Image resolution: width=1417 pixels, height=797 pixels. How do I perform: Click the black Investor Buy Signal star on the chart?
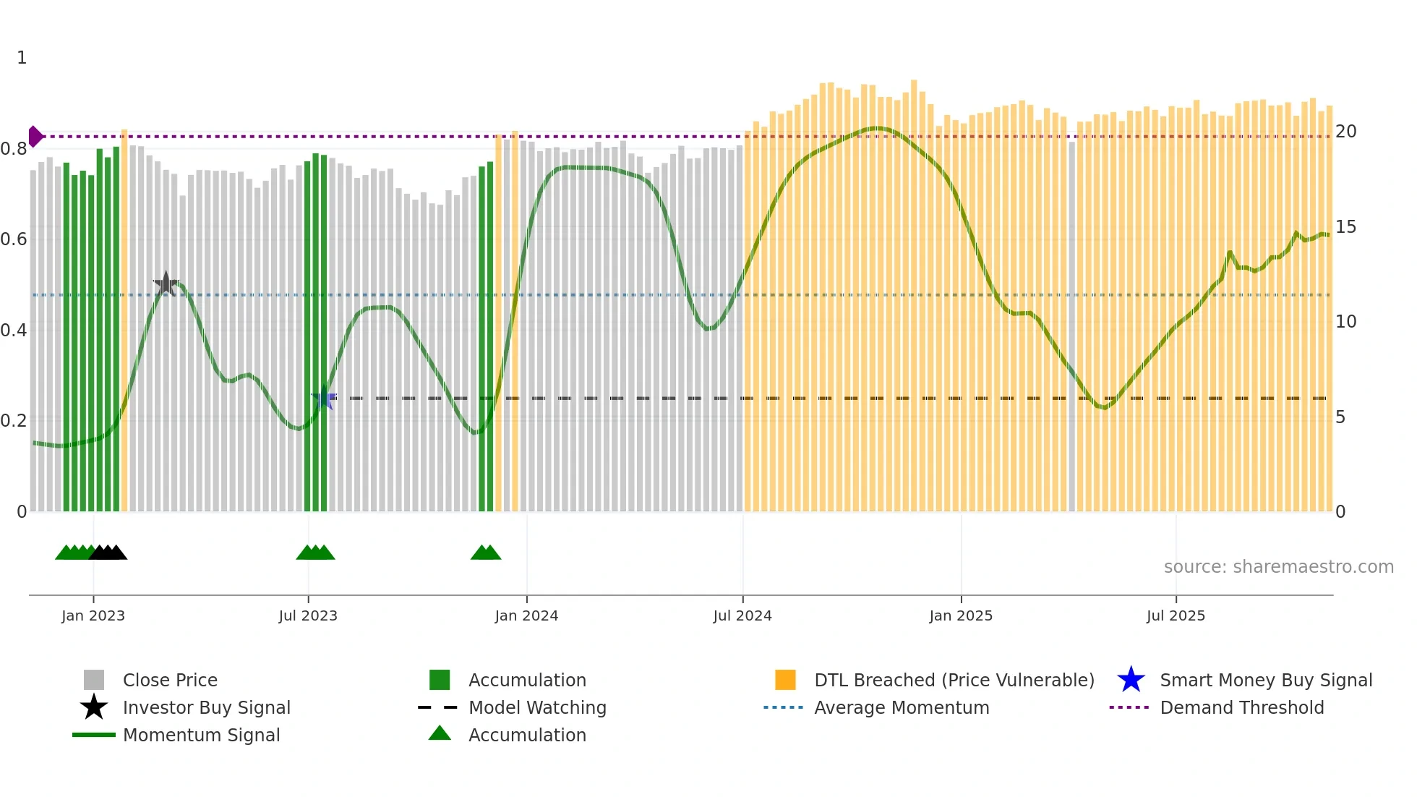pyautogui.click(x=166, y=284)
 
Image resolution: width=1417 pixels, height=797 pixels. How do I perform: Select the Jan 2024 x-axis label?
pyautogui.click(x=526, y=615)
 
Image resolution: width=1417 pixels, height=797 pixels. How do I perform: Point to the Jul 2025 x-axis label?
pyautogui.click(x=1176, y=615)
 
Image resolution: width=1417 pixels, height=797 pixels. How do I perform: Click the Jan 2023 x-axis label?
pyautogui.click(x=93, y=615)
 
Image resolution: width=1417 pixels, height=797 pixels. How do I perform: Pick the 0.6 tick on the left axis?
pyautogui.click(x=14, y=239)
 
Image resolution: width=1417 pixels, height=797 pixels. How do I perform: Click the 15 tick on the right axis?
pyautogui.click(x=1345, y=227)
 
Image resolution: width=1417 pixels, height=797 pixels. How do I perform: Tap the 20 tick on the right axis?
pyautogui.click(x=1345, y=132)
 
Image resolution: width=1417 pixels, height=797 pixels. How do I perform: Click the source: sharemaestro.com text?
pyautogui.click(x=1278, y=567)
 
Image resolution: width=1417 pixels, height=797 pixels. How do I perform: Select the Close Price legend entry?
pyautogui.click(x=170, y=680)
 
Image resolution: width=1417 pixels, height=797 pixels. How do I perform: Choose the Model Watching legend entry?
pyautogui.click(x=537, y=707)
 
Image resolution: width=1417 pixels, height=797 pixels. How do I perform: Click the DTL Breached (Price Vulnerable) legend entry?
pyautogui.click(x=954, y=680)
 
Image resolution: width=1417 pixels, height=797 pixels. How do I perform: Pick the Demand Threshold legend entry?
pyautogui.click(x=1241, y=707)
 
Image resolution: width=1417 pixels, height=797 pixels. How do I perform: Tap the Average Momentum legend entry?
pyautogui.click(x=901, y=707)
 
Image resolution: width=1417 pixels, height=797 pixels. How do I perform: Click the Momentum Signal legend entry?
pyautogui.click(x=201, y=735)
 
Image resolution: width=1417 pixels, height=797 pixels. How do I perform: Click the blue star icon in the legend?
pyautogui.click(x=1131, y=680)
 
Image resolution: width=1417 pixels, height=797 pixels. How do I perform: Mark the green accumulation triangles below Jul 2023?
pyautogui.click(x=315, y=553)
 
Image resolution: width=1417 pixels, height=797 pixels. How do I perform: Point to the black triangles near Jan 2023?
pyautogui.click(x=108, y=553)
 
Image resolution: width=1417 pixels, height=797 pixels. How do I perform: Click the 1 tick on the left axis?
pyautogui.click(x=22, y=58)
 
